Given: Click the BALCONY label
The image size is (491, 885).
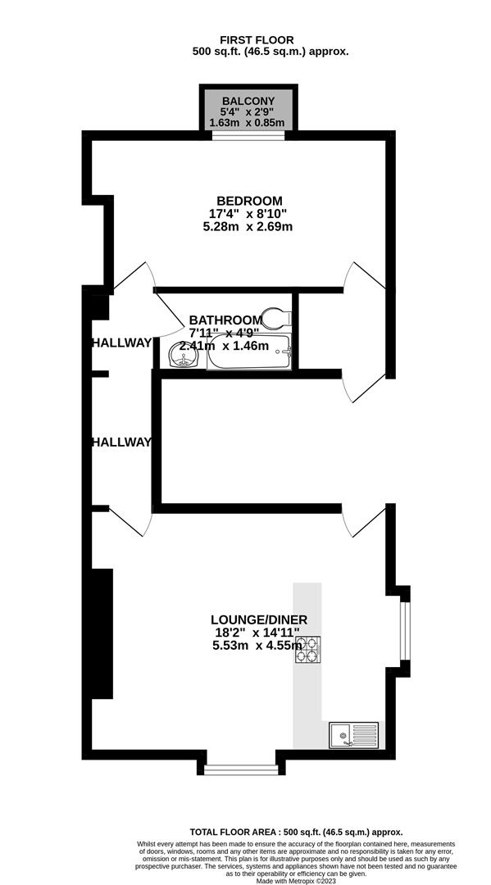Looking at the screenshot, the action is click(248, 101).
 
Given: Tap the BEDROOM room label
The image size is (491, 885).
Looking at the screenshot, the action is click(250, 201).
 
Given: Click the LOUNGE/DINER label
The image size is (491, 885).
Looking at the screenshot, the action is click(260, 620).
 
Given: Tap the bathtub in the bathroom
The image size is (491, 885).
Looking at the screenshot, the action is click(249, 352).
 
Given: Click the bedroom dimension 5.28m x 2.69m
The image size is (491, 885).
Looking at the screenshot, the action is click(248, 227).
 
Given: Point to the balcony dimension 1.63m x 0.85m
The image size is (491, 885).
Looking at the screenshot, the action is click(247, 122).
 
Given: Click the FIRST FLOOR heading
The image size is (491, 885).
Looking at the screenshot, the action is click(257, 40).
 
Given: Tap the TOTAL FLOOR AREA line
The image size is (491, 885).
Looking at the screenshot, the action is click(296, 832).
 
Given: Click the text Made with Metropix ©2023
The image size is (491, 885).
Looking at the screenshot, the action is click(296, 881).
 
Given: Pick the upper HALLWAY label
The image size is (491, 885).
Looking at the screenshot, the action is click(121, 343).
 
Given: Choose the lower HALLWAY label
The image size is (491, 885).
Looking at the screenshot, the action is click(121, 442).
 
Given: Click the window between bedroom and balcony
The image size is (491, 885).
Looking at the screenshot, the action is click(248, 135).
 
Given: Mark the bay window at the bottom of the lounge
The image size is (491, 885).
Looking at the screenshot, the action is click(241, 769).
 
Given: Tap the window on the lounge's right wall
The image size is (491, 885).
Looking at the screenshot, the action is click(405, 630).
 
